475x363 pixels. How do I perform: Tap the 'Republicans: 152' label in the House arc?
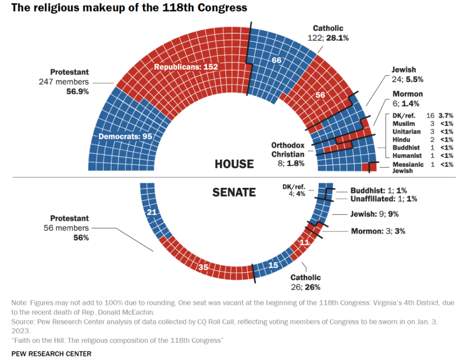[x=186, y=68]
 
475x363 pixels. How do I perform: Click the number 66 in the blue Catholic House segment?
[x=276, y=60]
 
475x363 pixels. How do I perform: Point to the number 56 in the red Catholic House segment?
[x=320, y=95]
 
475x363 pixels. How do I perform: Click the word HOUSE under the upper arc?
[x=234, y=164]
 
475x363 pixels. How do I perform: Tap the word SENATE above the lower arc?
[x=234, y=192]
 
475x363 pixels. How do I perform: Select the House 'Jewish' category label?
[x=404, y=70]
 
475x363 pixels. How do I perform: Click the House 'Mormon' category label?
[x=407, y=94]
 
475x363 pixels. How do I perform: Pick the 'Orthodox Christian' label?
[x=288, y=149]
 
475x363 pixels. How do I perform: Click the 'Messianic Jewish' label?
[x=408, y=168]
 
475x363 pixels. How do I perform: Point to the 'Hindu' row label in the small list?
[x=401, y=139]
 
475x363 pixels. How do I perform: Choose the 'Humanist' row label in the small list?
[x=407, y=155]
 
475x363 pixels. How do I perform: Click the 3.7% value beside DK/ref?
[x=446, y=115]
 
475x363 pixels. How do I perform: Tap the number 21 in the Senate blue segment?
[x=152, y=212]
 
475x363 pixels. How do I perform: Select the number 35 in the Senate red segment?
[x=203, y=268]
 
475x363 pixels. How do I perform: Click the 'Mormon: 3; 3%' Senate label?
[x=378, y=231]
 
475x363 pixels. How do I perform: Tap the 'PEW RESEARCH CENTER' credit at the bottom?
[x=52, y=354]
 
